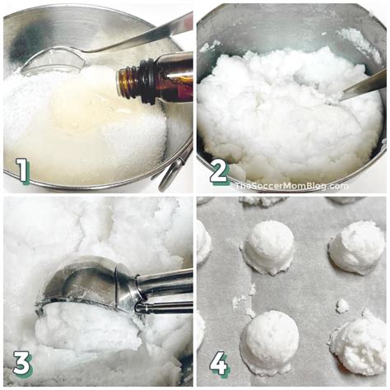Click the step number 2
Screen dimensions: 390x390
[x=219, y=171]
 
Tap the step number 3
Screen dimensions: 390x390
[x=23, y=363]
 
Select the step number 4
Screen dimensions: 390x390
[x=219, y=363]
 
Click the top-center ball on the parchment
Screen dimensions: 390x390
[x=268, y=246]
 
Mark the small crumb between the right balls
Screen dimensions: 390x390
[x=342, y=305]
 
